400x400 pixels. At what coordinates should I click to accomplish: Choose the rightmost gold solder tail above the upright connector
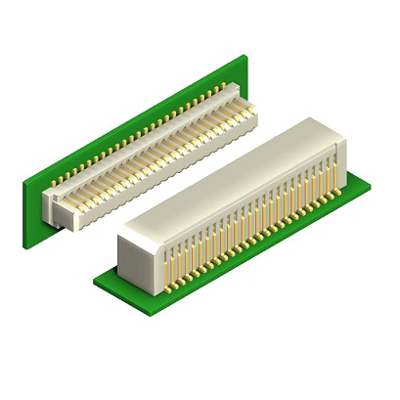[236, 85]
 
